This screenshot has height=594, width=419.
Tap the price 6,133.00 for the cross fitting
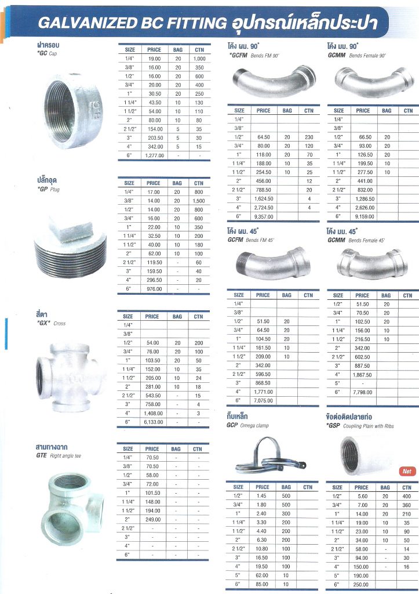click(x=152, y=422)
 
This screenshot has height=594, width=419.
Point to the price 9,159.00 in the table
click(x=363, y=216)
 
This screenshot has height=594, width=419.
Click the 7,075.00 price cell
click(x=263, y=400)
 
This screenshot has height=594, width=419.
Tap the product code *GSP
click(x=334, y=425)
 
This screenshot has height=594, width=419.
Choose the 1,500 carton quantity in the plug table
click(x=199, y=200)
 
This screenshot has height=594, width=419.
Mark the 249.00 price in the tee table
click(x=152, y=519)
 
